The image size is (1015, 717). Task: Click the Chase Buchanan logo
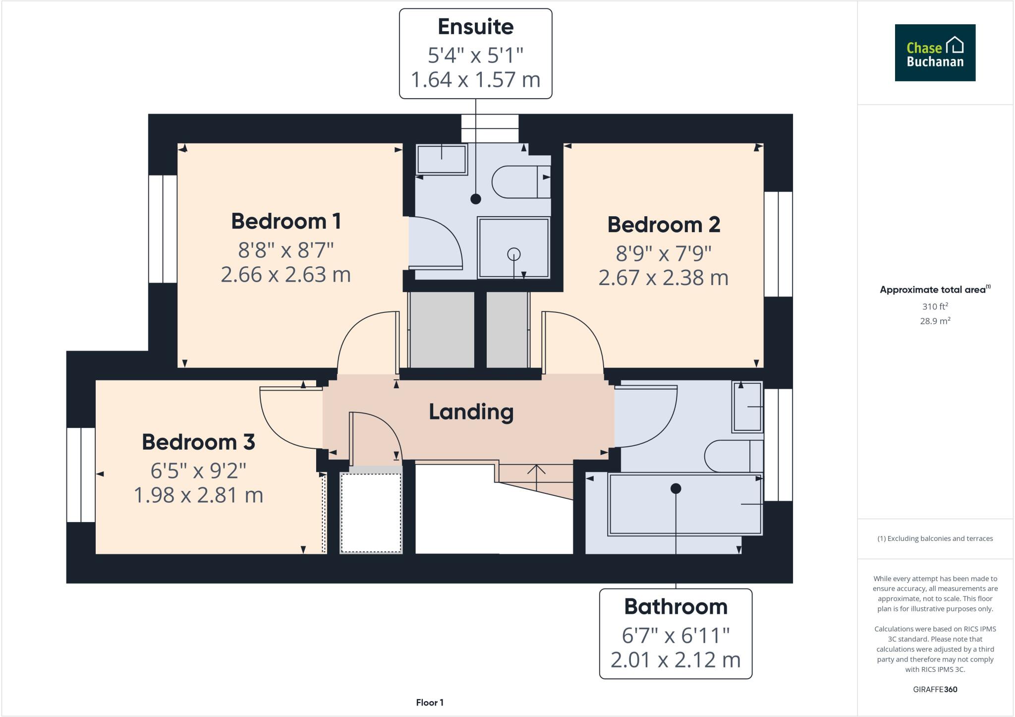(x=935, y=53)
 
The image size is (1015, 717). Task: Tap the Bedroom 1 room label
(x=286, y=221)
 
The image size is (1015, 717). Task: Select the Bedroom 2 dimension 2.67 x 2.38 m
(x=663, y=278)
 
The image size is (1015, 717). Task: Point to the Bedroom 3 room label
(x=198, y=442)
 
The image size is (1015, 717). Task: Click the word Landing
(x=471, y=412)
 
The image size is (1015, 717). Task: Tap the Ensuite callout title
(x=475, y=27)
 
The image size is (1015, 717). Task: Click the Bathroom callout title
(x=676, y=606)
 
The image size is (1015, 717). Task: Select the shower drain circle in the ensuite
(x=514, y=254)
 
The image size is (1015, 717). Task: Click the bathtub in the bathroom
(x=684, y=504)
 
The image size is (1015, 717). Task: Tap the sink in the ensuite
(x=441, y=159)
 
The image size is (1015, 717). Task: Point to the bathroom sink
(x=747, y=406)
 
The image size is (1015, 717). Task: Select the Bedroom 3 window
(x=81, y=475)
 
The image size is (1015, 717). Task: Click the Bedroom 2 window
(x=778, y=244)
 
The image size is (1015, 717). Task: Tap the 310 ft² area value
(x=935, y=306)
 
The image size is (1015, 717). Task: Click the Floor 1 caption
(x=430, y=702)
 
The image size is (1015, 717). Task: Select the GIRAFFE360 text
(x=935, y=689)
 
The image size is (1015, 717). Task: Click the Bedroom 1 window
(x=163, y=229)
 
